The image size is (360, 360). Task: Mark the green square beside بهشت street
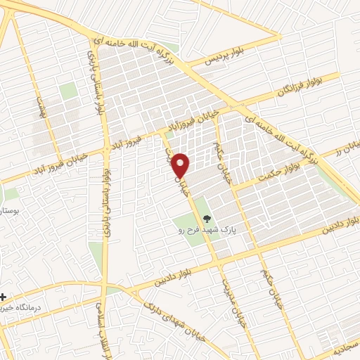(68, 91)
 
